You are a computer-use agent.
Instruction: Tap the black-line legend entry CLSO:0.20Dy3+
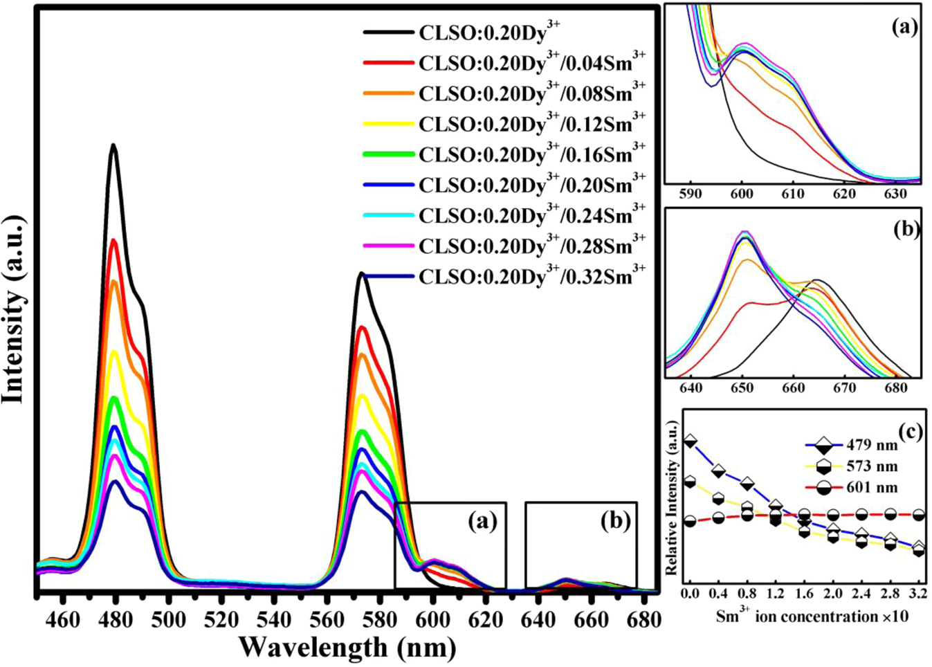(x=488, y=33)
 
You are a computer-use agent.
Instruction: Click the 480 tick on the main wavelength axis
(x=116, y=619)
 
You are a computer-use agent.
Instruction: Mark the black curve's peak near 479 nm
(x=113, y=145)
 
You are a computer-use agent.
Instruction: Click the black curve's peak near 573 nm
(x=361, y=274)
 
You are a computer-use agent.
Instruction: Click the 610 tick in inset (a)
(x=793, y=194)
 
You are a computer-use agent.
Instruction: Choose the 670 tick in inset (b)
(x=844, y=388)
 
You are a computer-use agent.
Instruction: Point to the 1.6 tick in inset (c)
(x=804, y=594)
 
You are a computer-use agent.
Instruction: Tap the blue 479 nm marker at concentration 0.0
(x=690, y=441)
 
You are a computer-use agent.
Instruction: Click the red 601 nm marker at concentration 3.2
(x=919, y=515)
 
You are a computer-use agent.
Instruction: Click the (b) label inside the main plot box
(x=615, y=521)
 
